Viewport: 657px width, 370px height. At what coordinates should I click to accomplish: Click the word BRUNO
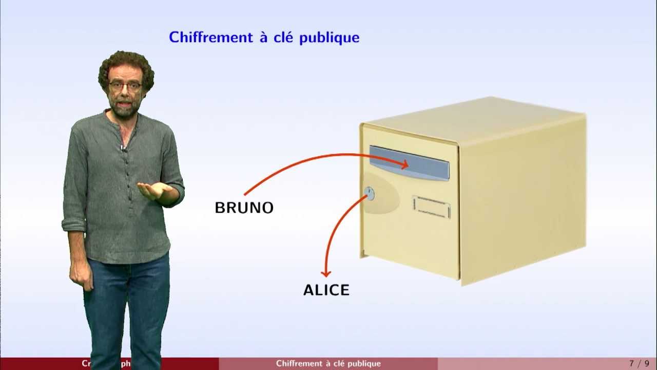244,208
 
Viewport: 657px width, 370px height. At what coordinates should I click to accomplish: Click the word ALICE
326,290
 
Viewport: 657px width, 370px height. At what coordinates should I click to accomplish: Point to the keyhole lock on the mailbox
369,194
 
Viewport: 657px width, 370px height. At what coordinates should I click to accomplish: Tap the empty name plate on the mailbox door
431,207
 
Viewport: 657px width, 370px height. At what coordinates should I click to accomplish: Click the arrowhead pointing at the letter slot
404,164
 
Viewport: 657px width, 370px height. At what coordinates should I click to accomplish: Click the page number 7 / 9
639,364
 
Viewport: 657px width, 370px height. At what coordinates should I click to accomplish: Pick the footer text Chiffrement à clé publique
328,364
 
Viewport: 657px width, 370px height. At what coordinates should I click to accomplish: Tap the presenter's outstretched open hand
153,191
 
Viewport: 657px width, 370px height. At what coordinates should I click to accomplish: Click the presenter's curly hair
126,64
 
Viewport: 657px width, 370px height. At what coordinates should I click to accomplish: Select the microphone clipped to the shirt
123,148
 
